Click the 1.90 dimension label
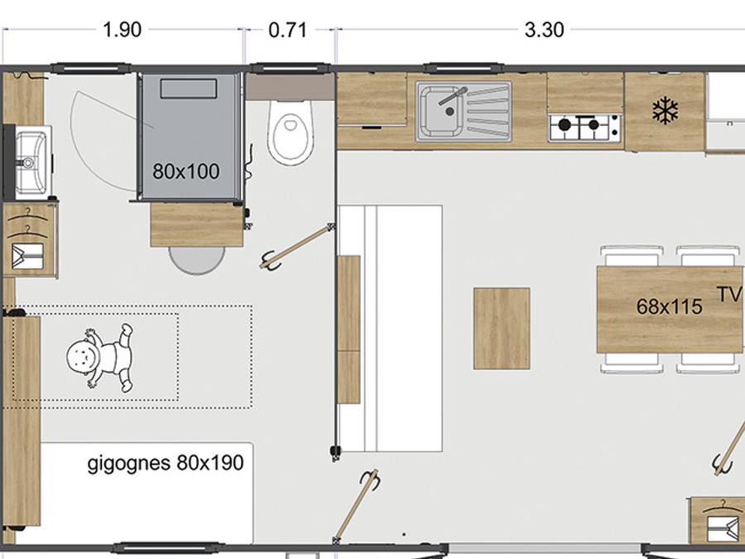[123, 30]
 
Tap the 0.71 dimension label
[287, 30]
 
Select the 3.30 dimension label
[544, 30]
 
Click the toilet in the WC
[290, 132]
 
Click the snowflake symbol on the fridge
[666, 111]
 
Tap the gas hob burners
[584, 127]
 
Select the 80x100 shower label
[185, 171]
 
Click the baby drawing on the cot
[100, 356]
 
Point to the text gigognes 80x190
[166, 462]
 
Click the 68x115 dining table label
[669, 306]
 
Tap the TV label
[729, 294]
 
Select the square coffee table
[502, 328]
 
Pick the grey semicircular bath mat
[197, 260]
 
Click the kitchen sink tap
[453, 95]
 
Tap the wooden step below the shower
[197, 224]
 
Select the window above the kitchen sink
[461, 69]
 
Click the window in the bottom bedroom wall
[168, 547]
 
